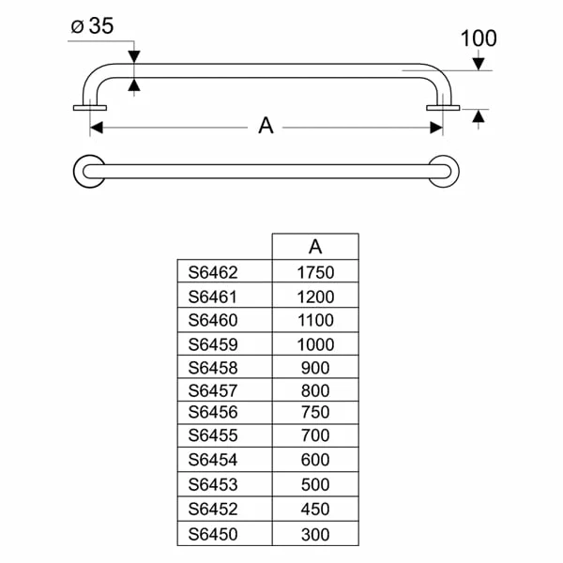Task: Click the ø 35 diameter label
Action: (92, 26)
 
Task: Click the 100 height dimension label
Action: (479, 38)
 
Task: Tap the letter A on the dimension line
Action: (266, 126)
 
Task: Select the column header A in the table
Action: (315, 247)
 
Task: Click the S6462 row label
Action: (213, 272)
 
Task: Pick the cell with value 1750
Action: (315, 272)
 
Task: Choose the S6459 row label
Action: (213, 343)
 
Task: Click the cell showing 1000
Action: (315, 343)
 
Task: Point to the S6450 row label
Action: (213, 533)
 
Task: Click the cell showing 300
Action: (315, 533)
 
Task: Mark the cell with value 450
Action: (315, 510)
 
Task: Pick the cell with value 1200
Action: (315, 297)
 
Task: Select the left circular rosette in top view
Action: (88, 171)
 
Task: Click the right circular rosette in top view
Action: (445, 171)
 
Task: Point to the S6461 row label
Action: (213, 297)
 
